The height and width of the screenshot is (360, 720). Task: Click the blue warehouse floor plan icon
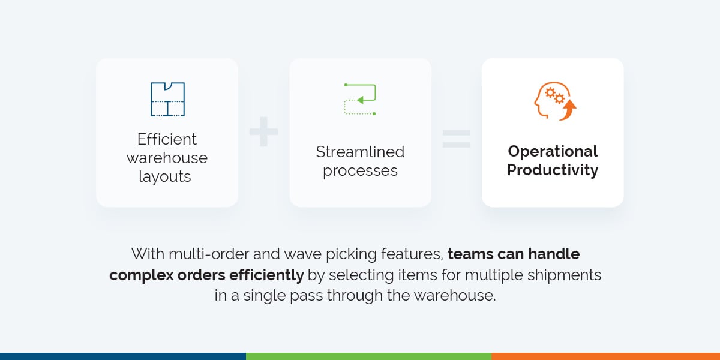(167, 99)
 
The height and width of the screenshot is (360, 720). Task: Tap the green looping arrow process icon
(360, 99)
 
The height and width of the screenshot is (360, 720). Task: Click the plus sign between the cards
(263, 133)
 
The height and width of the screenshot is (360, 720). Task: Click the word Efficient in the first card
(167, 139)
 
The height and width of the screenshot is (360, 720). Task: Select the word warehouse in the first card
(167, 158)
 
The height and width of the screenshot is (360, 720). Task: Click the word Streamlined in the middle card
(360, 152)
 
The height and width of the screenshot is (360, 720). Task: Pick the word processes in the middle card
(360, 170)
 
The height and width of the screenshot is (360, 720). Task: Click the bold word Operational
(553, 151)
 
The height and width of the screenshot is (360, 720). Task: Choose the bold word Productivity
(553, 170)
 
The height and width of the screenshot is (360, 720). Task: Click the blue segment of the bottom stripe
(122, 356)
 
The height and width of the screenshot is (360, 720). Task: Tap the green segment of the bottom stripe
(368, 356)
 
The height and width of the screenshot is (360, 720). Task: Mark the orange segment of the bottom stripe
(605, 356)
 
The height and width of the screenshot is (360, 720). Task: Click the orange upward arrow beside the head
(569, 110)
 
